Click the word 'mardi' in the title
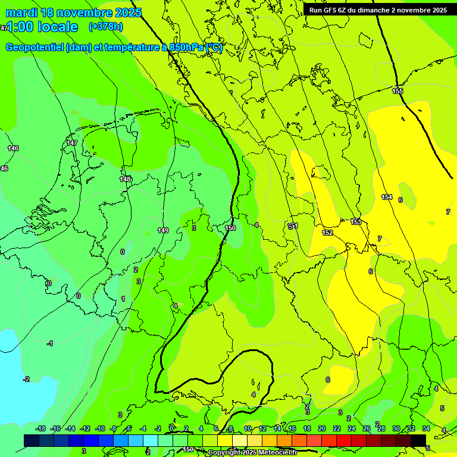click(21, 12)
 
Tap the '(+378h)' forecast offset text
click(106, 27)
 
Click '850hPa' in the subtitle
click(184, 48)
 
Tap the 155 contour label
click(397, 91)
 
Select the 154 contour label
click(387, 197)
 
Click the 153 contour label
click(355, 222)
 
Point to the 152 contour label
click(327, 233)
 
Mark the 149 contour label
click(163, 230)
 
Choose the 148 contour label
click(125, 179)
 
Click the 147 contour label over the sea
click(72, 143)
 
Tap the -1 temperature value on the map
click(50, 343)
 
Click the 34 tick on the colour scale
click(426, 428)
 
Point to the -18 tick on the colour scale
click(40, 428)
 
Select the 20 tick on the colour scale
click(322, 428)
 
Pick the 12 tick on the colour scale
click(262, 428)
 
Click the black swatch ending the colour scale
click(418, 440)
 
